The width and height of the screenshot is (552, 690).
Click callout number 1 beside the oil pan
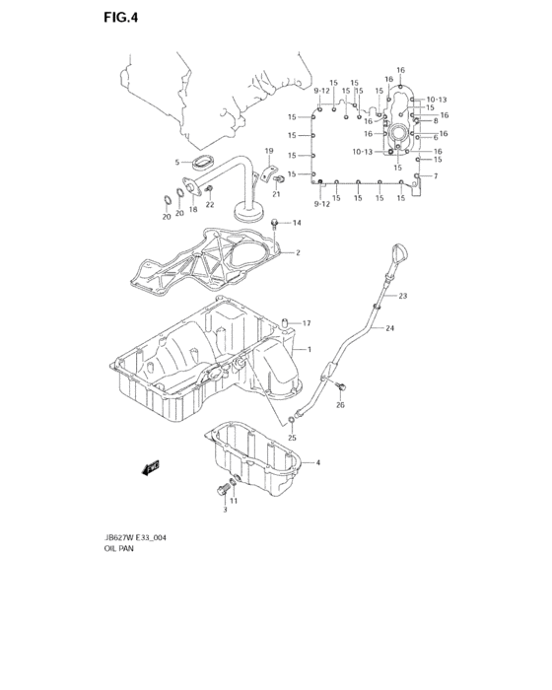click(309, 350)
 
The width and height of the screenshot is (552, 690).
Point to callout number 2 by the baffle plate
click(297, 252)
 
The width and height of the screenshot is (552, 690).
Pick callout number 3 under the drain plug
click(224, 510)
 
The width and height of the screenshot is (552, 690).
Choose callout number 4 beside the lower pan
click(317, 462)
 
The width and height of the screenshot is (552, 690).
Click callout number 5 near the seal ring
click(177, 162)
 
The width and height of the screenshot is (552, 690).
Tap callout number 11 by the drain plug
click(234, 500)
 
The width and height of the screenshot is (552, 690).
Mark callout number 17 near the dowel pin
click(307, 323)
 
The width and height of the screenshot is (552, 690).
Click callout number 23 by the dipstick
click(402, 296)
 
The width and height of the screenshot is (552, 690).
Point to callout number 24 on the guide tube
click(390, 328)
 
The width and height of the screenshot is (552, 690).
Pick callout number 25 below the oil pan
click(292, 437)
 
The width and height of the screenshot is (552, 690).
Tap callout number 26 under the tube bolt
click(340, 405)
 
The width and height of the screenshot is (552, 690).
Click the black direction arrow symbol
click(150, 468)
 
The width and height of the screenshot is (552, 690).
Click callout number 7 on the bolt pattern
click(435, 176)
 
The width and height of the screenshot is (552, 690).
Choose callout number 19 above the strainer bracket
click(268, 151)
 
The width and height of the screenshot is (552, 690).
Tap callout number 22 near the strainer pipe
click(209, 204)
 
